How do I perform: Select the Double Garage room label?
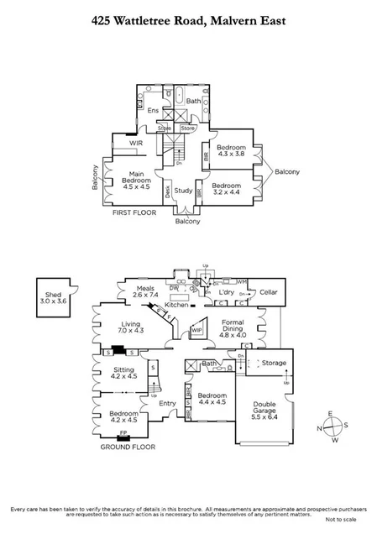pos(264,410)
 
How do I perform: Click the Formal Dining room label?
pos(233,328)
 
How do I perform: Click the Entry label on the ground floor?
pos(168,404)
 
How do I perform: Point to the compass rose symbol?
pos(332,426)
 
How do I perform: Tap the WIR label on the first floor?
pos(135,144)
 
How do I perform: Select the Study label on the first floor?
pos(183,191)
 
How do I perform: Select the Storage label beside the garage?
pos(274,364)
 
